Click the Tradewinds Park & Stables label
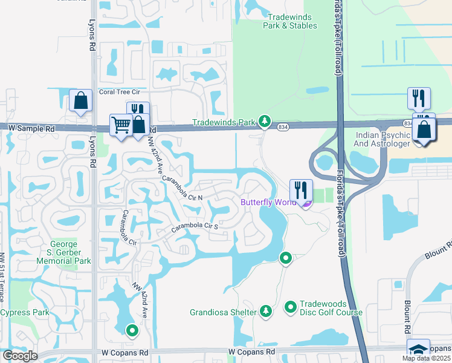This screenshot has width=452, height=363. (x=290, y=21)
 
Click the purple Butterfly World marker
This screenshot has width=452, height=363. (x=306, y=204)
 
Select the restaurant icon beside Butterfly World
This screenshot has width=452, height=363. (x=301, y=189)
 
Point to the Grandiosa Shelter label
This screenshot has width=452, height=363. (x=224, y=312)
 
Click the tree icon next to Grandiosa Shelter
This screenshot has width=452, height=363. (x=265, y=311)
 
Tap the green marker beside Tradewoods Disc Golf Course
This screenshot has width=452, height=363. (x=291, y=308)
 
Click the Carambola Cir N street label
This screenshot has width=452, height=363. (x=181, y=188)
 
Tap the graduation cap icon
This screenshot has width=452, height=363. (x=418, y=350)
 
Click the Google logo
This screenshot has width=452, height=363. (x=20, y=356)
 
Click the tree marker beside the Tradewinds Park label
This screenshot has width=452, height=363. (x=264, y=122)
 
